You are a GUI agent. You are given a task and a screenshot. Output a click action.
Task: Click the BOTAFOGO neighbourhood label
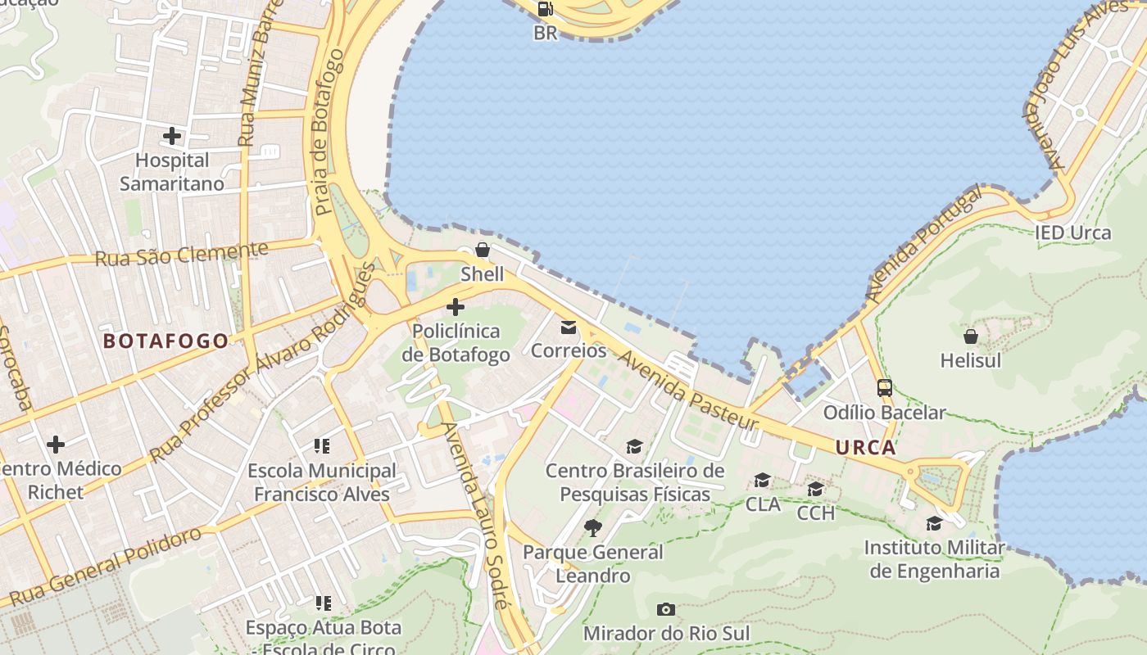pyautogui.click(x=165, y=341)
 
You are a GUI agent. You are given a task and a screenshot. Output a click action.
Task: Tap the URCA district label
pyautogui.click(x=865, y=448)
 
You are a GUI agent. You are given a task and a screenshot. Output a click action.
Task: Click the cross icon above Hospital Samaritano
pyautogui.click(x=172, y=136)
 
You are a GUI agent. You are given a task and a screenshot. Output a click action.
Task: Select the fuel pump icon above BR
pyautogui.click(x=545, y=9)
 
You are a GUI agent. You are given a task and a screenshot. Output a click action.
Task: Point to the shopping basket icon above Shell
pyautogui.click(x=483, y=250)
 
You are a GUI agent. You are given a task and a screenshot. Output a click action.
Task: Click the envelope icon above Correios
pyautogui.click(x=569, y=327)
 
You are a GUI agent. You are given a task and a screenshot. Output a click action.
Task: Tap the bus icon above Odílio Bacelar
pyautogui.click(x=885, y=388)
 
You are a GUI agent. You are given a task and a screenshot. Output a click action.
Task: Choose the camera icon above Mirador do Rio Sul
pyautogui.click(x=666, y=609)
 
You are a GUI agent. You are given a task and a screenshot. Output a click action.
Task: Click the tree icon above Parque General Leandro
pyautogui.click(x=593, y=528)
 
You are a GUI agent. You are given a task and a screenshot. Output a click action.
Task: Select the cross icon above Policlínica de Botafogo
pyautogui.click(x=456, y=308)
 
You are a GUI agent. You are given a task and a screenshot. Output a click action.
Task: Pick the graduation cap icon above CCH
pyautogui.click(x=815, y=490)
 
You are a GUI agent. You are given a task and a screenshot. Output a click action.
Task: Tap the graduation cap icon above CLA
pyautogui.click(x=763, y=480)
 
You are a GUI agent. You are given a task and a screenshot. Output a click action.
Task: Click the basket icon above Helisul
pyautogui.click(x=971, y=337)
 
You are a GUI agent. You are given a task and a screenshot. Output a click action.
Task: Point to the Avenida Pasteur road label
pyautogui.click(x=687, y=391)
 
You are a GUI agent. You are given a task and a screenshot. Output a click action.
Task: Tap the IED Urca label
pyautogui.click(x=1072, y=233)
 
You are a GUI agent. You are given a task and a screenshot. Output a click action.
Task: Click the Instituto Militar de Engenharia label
pyautogui.click(x=934, y=559)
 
